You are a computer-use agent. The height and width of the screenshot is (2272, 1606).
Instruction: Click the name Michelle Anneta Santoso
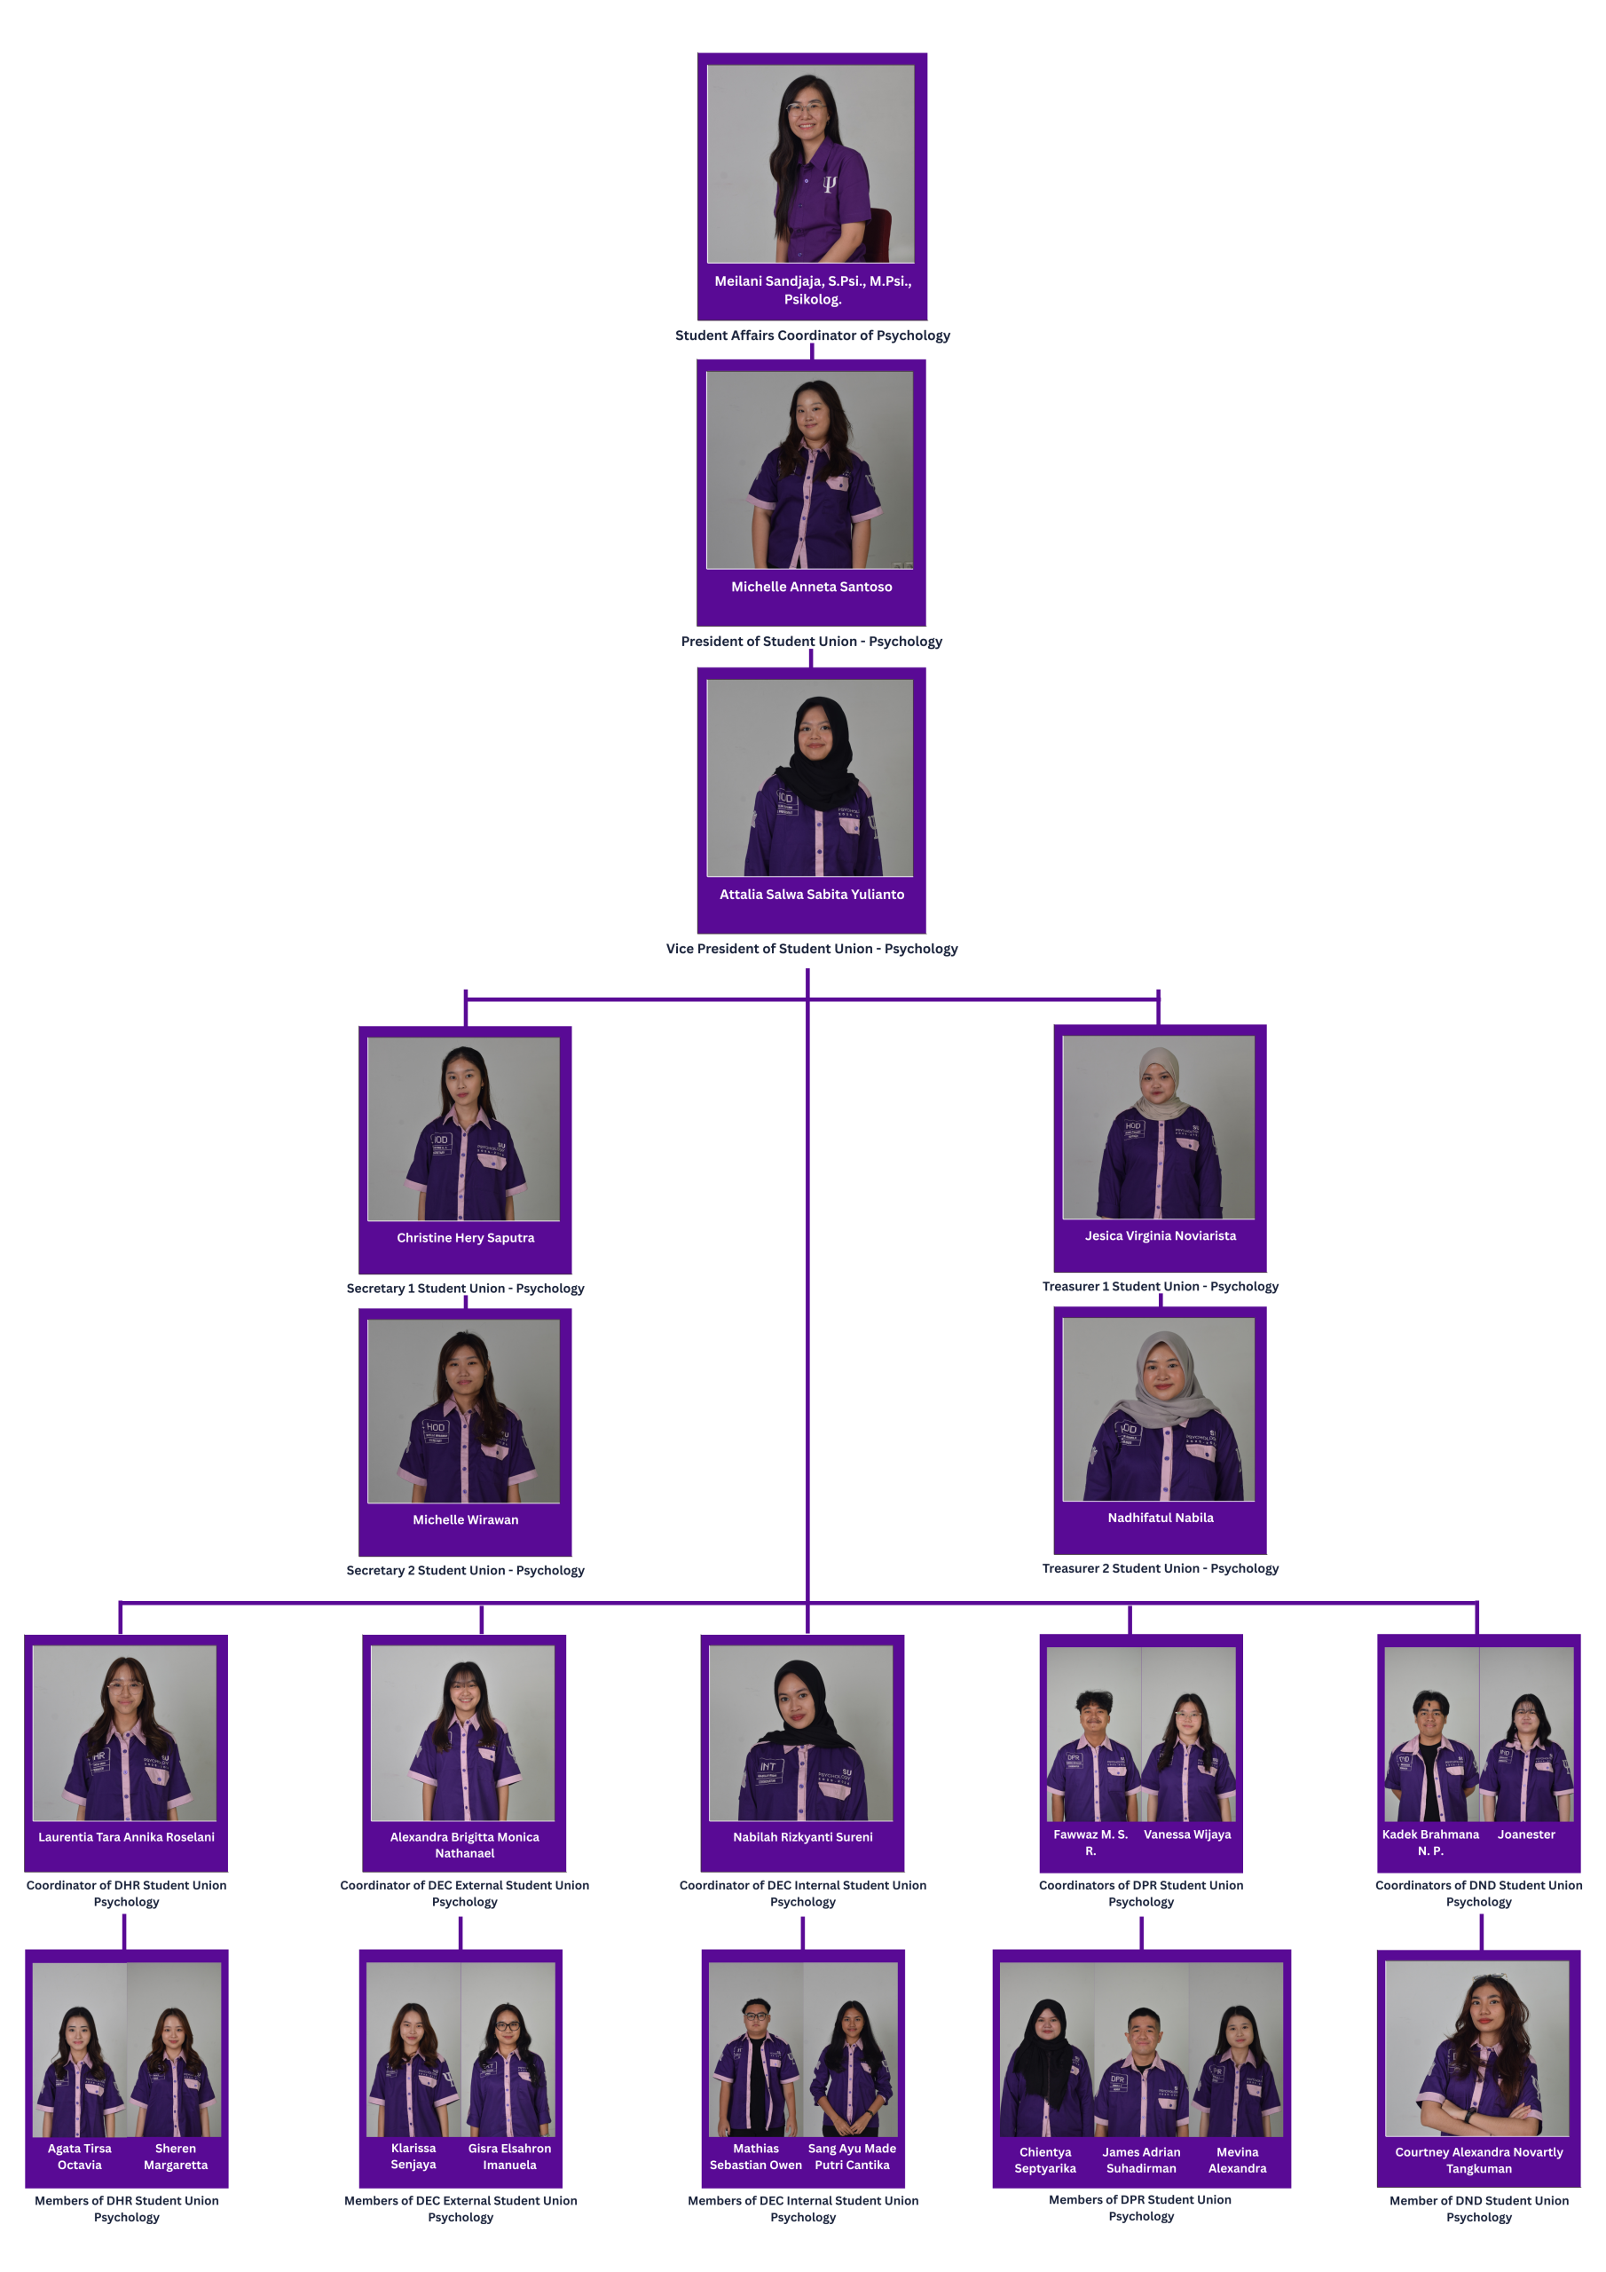[x=811, y=587]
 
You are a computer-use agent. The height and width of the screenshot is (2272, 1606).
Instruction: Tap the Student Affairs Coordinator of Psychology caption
[x=813, y=335]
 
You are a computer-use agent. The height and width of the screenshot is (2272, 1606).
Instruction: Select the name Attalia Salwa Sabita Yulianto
[x=811, y=895]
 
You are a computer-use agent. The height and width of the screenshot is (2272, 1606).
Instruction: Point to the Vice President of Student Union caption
[x=811, y=949]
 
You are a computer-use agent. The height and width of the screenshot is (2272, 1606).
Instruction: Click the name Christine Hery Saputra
[x=465, y=1238]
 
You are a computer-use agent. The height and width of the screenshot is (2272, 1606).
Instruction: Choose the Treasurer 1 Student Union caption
[x=1160, y=1286]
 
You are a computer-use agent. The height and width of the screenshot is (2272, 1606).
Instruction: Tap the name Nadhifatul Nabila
[x=1160, y=1518]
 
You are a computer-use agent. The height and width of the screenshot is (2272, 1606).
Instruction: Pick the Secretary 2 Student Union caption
[x=465, y=1570]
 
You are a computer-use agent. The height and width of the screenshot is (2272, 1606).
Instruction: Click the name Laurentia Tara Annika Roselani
[x=126, y=1838]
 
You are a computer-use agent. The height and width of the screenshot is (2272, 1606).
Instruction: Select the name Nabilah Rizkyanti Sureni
[x=802, y=1838]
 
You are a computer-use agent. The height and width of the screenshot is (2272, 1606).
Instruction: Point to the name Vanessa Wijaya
[x=1187, y=1834]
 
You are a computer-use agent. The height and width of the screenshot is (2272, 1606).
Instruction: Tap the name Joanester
[x=1526, y=1834]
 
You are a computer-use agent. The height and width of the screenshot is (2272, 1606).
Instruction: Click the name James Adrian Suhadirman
[x=1141, y=2160]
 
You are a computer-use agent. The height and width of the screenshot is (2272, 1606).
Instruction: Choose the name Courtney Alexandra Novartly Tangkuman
[x=1478, y=2160]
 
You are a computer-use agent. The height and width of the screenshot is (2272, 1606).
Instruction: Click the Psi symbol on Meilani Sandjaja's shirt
[x=830, y=183]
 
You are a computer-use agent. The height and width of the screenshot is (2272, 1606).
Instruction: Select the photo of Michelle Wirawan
[x=463, y=1411]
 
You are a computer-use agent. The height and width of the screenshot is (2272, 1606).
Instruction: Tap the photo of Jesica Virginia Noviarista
[x=1158, y=1127]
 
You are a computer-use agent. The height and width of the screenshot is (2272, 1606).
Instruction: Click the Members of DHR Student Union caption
[x=126, y=2209]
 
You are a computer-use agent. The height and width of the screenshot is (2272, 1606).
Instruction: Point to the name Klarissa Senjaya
[x=413, y=2157]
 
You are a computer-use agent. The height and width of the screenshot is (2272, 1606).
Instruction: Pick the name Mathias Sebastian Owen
[x=755, y=2157]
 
